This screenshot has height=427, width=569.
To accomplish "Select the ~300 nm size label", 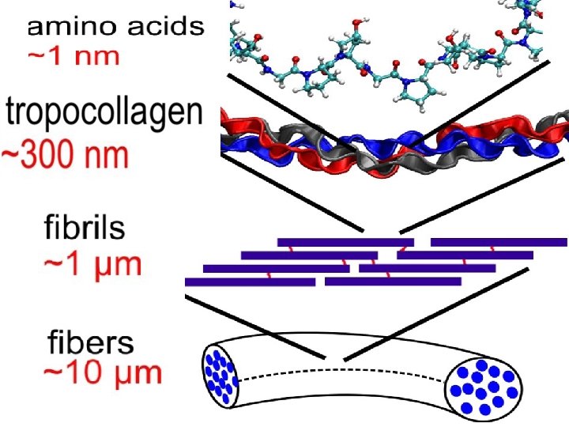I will point(66,155).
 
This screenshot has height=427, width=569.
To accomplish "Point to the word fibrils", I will point(84,229).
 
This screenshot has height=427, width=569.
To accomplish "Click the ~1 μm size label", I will point(92,263).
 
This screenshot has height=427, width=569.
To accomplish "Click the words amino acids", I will point(115,28).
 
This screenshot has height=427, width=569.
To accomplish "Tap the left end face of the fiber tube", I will point(222,374).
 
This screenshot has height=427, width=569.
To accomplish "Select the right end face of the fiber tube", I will point(483,388).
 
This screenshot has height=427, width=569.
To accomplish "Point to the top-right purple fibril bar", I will point(499,242).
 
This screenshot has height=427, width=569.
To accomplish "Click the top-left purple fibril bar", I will point(345,242).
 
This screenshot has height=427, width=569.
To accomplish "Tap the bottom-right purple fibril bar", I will point(393,282).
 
